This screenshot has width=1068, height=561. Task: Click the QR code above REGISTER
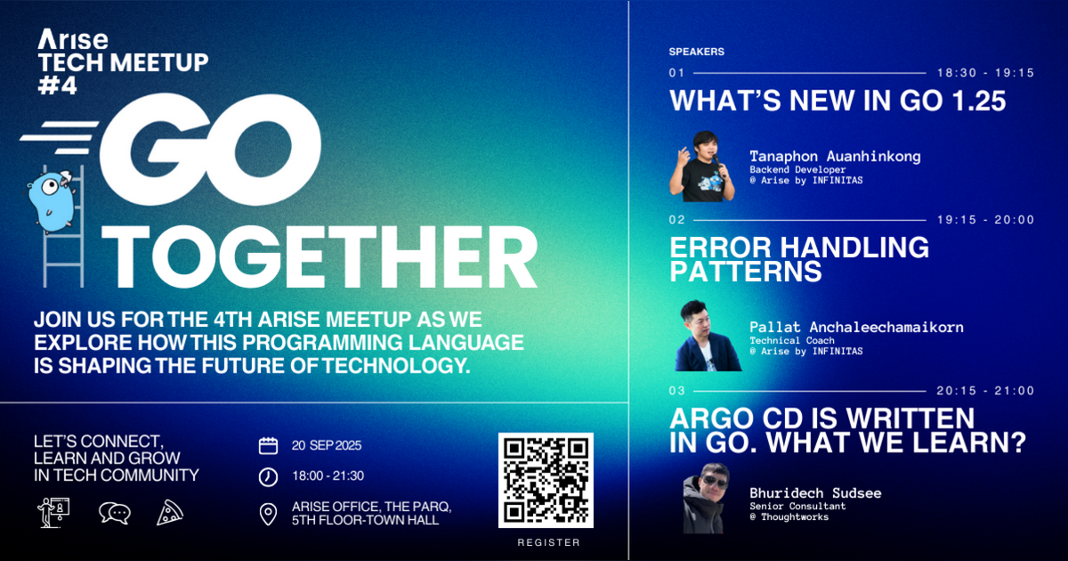[x=546, y=479]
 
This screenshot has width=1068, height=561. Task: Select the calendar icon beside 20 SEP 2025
[x=268, y=446]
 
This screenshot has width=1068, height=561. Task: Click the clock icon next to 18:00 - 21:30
[x=268, y=476]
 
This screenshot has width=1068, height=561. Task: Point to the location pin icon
[x=268, y=514]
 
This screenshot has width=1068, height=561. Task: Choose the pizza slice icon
[x=170, y=511]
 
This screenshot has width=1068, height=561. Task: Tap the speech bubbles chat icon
[x=114, y=512]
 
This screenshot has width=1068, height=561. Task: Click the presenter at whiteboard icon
[x=53, y=511]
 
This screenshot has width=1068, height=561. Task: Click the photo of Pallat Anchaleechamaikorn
[x=708, y=337]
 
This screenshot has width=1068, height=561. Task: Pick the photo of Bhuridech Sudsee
[x=707, y=500]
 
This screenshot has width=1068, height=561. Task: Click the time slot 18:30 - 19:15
[x=985, y=73]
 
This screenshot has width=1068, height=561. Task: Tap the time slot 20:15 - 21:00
[x=985, y=391]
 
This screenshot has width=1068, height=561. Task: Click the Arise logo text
[x=74, y=40]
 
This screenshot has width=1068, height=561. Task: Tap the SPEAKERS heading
[x=696, y=52]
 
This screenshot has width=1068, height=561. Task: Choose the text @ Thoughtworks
[x=789, y=516]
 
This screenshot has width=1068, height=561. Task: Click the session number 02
[x=676, y=220]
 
